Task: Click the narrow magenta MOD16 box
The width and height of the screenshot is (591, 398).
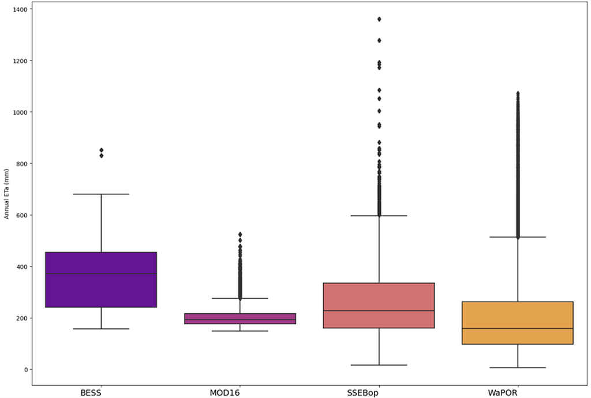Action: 240,317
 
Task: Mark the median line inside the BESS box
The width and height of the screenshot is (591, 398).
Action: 101,274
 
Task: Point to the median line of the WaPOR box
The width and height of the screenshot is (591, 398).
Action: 517,329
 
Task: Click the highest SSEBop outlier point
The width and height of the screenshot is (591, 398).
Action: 379,19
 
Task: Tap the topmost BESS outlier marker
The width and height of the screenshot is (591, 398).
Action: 101,150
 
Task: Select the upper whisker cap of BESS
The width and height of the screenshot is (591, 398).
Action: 101,194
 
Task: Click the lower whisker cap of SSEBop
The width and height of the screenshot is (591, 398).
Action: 379,365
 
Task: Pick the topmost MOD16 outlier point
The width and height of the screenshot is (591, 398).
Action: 240,234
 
